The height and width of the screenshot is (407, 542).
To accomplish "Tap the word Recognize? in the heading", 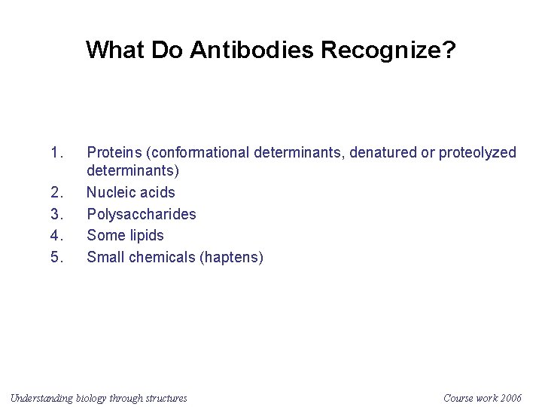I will coord(388,50).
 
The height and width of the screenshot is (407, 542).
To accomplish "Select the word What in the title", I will coord(115,50).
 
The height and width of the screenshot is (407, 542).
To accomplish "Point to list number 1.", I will coord(56,153).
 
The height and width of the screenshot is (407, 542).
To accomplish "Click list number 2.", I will coord(56,193).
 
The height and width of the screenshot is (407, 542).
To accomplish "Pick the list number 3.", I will coord(56,214).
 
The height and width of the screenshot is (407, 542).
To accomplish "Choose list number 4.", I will coord(56,236).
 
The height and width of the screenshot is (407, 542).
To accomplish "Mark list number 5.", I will coord(56,258).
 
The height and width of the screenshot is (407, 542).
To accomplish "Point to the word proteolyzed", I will coord(478,153).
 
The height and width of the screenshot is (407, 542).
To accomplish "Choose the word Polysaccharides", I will coord(142,214).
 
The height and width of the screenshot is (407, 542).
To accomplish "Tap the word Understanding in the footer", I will coord(41,398).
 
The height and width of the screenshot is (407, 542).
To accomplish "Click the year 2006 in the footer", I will coord(509,398).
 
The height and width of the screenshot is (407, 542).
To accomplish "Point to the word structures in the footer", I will coord(166,398).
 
